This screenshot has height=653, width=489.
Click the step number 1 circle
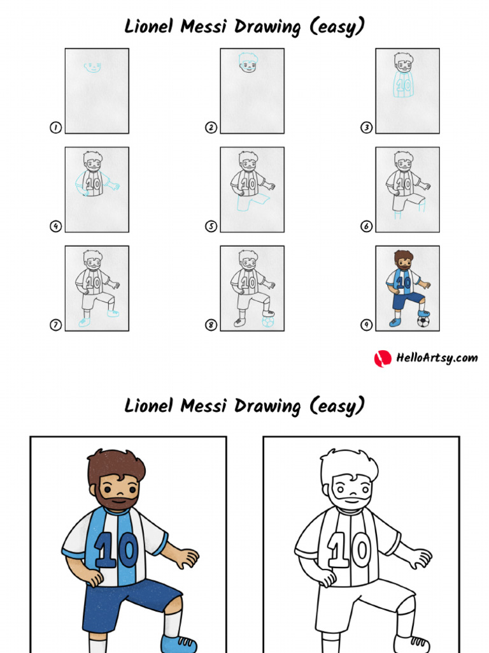pyautogui.click(x=55, y=128)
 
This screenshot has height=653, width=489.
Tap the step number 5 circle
pyautogui.click(x=211, y=226)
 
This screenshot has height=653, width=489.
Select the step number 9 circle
pyautogui.click(x=367, y=325)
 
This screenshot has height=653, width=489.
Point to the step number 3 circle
pyautogui.click(x=367, y=128)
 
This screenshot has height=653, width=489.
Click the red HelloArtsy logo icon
pyautogui.click(x=382, y=358)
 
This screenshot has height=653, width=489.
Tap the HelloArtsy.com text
pyautogui.click(x=436, y=358)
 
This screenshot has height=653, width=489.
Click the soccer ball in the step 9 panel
pyautogui.click(x=423, y=321)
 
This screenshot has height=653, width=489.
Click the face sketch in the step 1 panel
pyautogui.click(x=94, y=66)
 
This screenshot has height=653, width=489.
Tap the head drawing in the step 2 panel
pyautogui.click(x=248, y=63)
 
